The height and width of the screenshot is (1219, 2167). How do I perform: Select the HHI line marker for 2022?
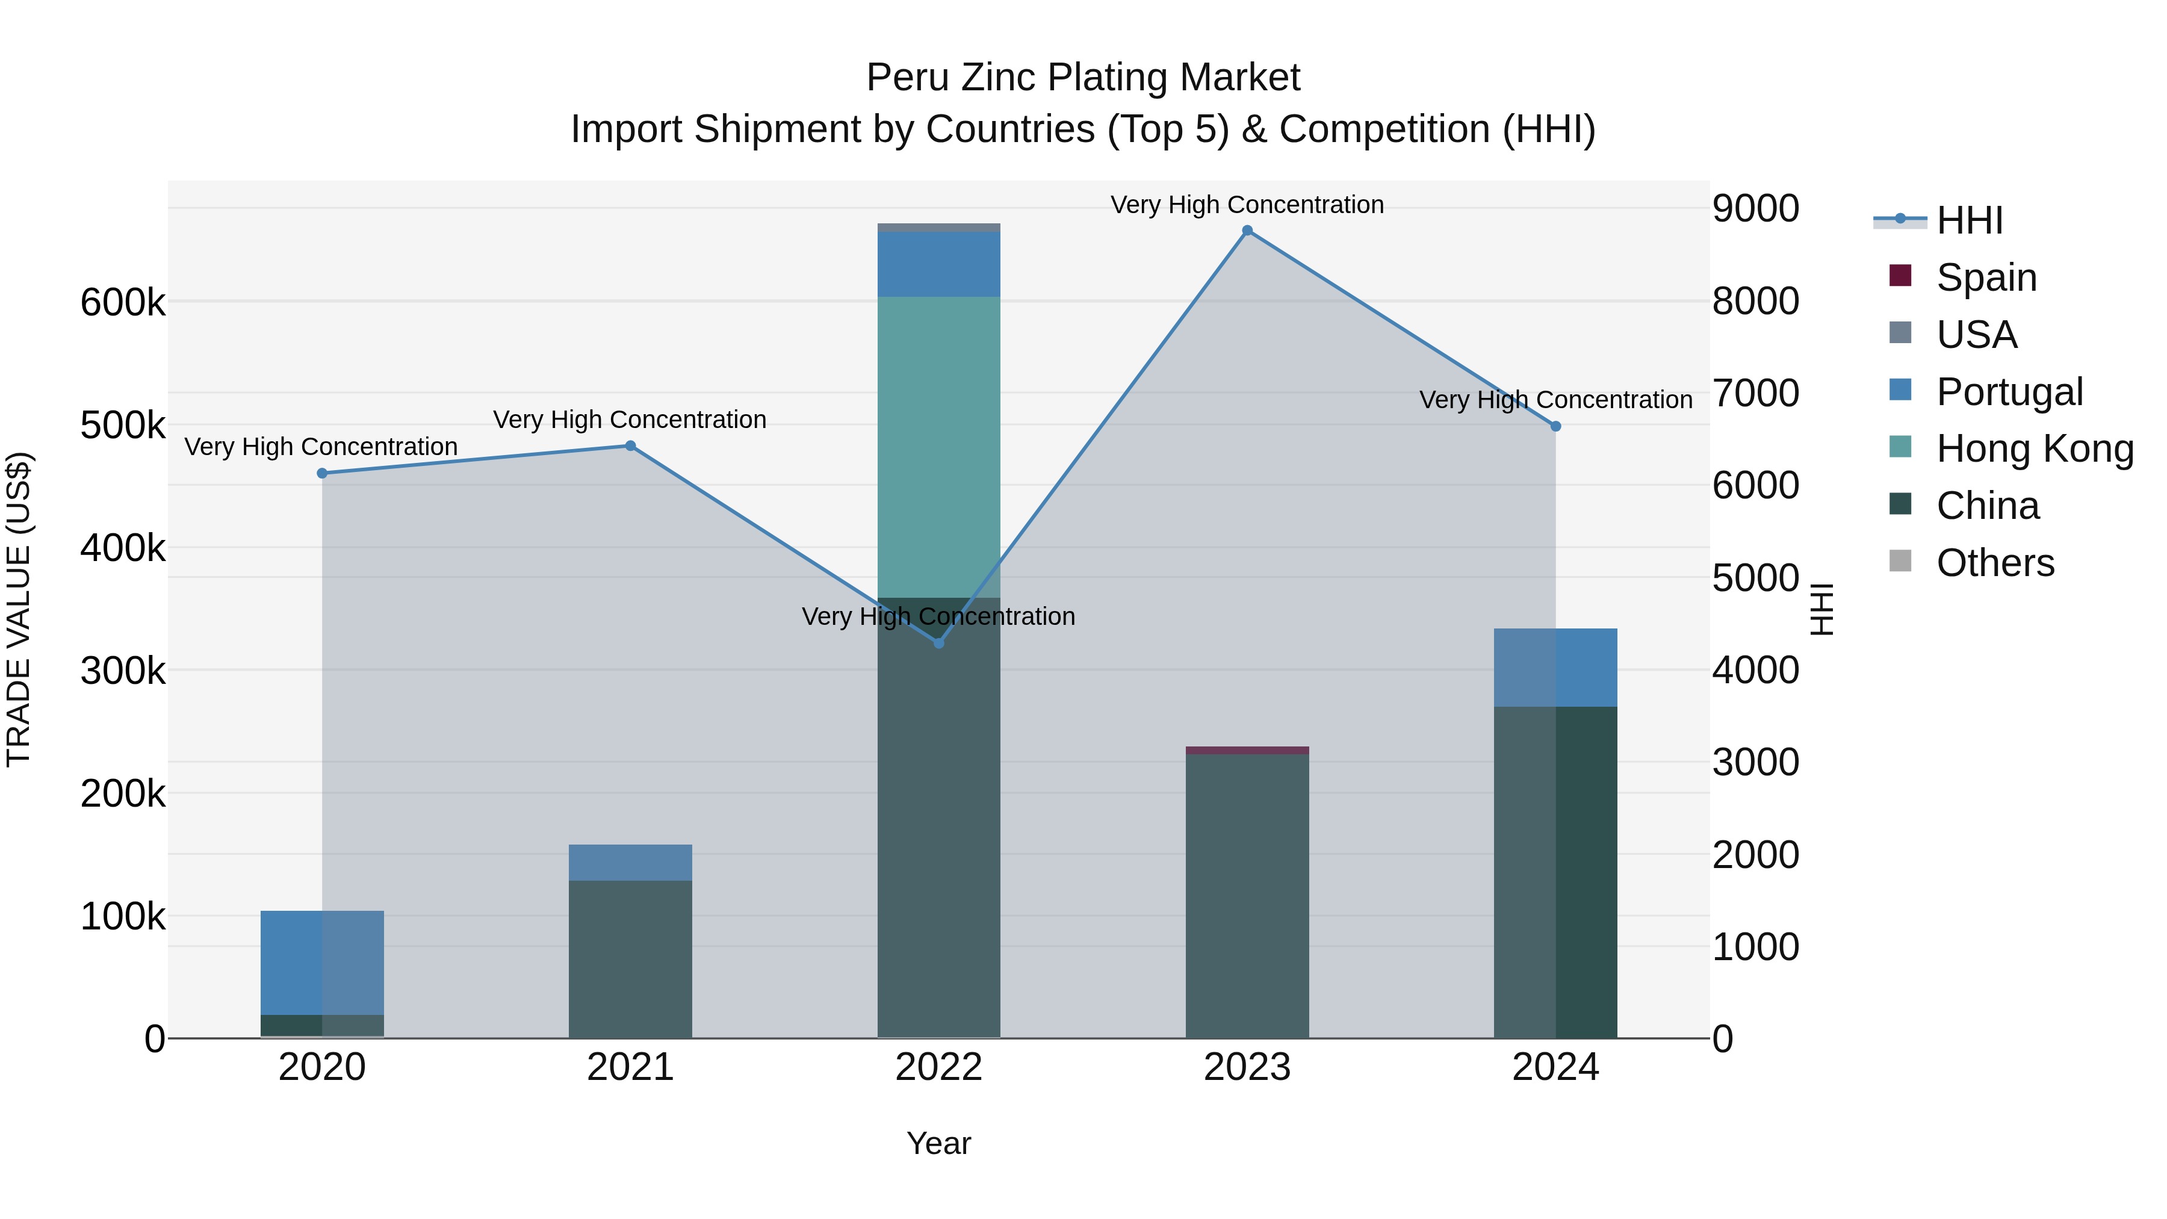pos(939,643)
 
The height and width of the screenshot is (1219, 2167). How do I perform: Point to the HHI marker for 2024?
pos(1555,427)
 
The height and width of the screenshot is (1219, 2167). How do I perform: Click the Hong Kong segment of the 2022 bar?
pos(939,446)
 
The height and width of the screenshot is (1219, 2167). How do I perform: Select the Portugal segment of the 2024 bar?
pos(1555,667)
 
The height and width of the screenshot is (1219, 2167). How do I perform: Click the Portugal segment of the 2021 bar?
pos(630,862)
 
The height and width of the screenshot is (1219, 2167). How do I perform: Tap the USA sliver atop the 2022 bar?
pos(939,227)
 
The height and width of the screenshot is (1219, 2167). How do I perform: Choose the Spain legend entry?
pos(1985,277)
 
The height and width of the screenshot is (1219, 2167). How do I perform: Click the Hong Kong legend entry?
pos(2034,448)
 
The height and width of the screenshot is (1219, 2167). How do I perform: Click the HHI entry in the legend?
pos(1968,220)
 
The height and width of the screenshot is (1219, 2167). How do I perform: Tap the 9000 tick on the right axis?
pos(1756,209)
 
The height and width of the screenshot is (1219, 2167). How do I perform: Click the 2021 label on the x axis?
pos(630,1067)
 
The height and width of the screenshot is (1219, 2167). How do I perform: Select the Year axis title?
pos(939,1143)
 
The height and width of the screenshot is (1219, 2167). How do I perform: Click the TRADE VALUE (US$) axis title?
pos(19,609)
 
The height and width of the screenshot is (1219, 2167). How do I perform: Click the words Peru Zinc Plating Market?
pos(1083,78)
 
